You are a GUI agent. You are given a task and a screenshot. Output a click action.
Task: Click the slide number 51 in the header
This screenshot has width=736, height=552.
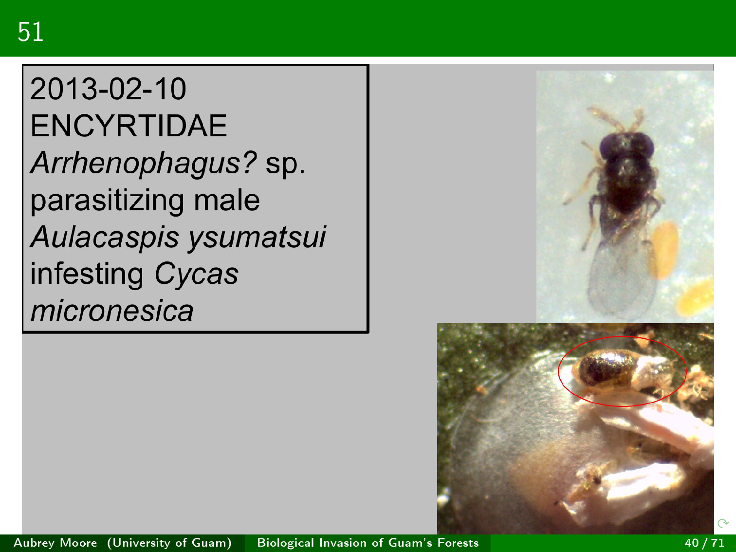coord(31,32)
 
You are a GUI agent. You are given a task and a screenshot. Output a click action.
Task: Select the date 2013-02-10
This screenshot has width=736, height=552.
coord(108,89)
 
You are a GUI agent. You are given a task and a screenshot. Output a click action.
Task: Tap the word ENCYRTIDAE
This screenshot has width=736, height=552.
coord(129,126)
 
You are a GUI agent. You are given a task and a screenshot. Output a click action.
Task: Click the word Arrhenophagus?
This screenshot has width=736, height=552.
coord(144,163)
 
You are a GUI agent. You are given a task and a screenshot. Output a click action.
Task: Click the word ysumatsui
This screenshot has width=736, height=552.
coord(257,238)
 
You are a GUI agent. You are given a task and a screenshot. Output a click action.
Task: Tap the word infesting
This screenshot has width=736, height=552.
coord(87,274)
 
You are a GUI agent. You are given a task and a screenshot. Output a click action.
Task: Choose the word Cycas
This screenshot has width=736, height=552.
coord(197,274)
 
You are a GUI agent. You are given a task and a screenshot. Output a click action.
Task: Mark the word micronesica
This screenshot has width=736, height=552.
coord(112,311)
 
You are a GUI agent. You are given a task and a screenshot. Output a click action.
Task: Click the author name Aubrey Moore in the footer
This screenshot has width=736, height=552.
coord(55,543)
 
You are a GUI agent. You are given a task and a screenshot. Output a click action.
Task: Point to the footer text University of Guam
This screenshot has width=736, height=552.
coord(170,543)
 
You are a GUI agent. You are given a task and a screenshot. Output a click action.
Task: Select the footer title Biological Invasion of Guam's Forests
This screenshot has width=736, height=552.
coord(368,543)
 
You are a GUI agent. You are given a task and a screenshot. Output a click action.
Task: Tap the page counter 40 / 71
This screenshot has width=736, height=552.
coord(704,543)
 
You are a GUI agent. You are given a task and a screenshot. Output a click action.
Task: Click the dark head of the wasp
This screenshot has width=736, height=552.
coord(626,146)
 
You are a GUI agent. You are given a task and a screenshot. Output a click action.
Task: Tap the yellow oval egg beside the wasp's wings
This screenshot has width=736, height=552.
coord(663,250)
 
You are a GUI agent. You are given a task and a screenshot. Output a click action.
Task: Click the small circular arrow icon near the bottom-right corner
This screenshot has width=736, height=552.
coord(722,523)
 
